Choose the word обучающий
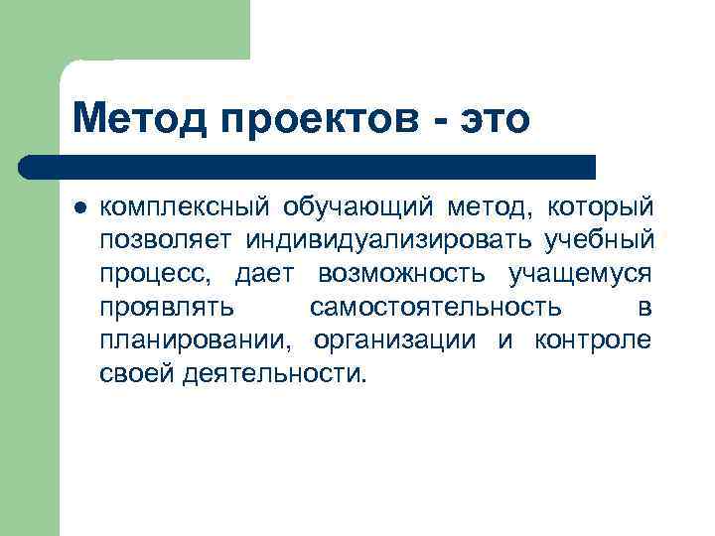tap(359, 209)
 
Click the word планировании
tap(196, 340)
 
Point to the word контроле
tap(593, 340)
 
